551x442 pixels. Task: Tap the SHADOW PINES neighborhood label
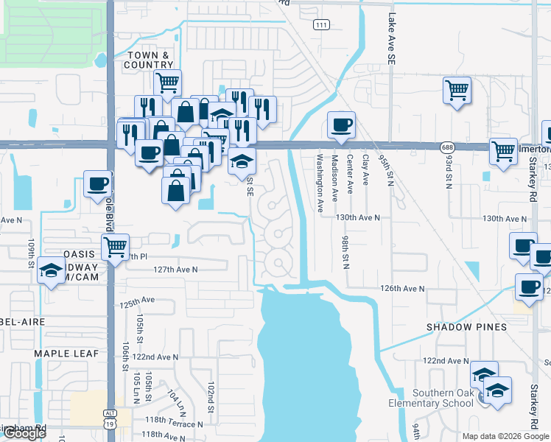pos(466,326)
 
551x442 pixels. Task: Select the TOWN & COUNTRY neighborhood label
pos(150,60)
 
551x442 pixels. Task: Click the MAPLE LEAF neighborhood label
pos(66,354)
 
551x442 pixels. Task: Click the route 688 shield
pos(447,147)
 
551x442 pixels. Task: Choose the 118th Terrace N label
pos(174,424)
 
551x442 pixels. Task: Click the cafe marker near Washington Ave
pos(341,125)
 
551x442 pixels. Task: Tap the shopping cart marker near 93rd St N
pos(457,91)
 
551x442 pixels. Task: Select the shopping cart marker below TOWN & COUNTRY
pos(168,83)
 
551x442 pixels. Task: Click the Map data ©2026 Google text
pos(505,436)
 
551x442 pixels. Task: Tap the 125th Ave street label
pos(138,301)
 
